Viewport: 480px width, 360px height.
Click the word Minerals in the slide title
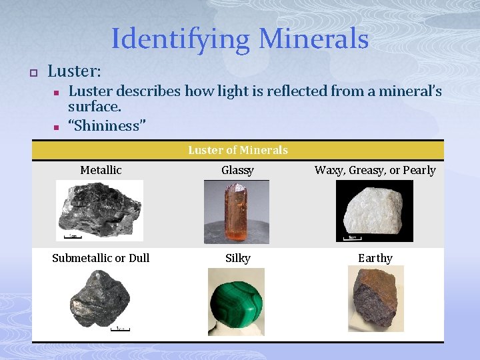(x=313, y=39)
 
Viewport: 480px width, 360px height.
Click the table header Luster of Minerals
(x=238, y=150)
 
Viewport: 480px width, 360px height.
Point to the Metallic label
(x=101, y=170)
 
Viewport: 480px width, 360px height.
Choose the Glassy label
(x=237, y=170)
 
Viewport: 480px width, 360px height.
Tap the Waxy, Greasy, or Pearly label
(x=375, y=170)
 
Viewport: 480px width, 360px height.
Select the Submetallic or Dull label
(x=101, y=258)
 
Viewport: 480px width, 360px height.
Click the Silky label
(x=237, y=258)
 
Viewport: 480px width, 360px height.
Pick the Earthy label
(x=375, y=258)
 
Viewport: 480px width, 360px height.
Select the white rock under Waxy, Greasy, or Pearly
(x=373, y=210)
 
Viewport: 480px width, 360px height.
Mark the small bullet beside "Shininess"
(x=57, y=126)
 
